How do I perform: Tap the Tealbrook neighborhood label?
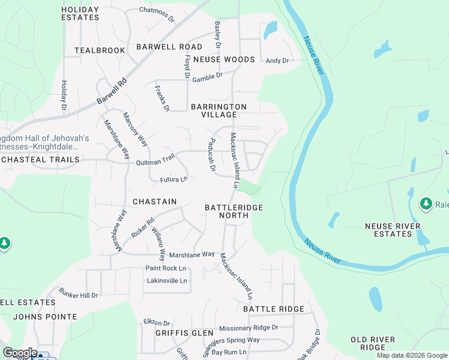100,50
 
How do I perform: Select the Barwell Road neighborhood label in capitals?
169,47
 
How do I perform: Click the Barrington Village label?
218,110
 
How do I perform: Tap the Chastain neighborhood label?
155,202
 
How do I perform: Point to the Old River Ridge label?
373,343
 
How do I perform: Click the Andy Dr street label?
277,61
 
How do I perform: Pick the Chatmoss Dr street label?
156,10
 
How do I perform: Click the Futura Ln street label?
173,179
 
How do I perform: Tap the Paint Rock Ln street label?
166,268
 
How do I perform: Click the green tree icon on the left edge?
5,243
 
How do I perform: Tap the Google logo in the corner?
20,353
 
